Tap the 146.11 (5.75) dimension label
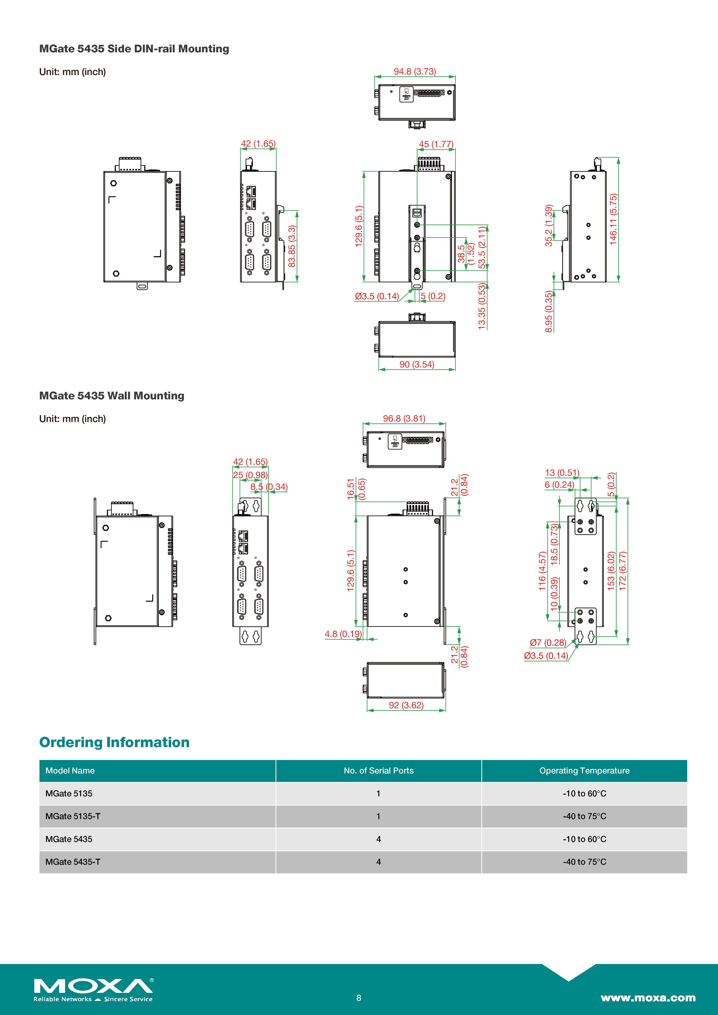[x=613, y=219]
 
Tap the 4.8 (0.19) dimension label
[x=343, y=634]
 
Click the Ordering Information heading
[x=114, y=742]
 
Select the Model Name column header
[x=70, y=771]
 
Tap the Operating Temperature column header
[x=584, y=771]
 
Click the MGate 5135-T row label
[x=73, y=816]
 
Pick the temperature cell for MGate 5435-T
[x=584, y=862]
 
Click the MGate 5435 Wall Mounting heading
[x=111, y=396]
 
